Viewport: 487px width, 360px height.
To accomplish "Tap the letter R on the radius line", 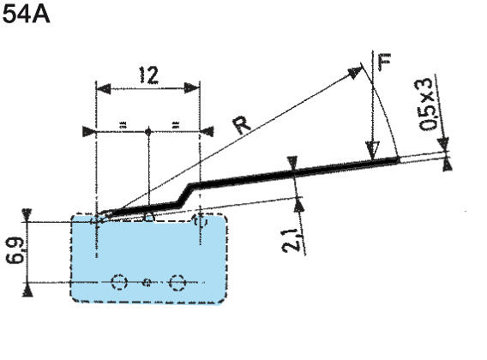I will pyautogui.click(x=243, y=126).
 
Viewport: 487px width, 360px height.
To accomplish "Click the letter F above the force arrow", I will pyautogui.click(x=384, y=63).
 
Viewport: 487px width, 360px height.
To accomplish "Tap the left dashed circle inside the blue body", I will pyautogui.click(x=119, y=282).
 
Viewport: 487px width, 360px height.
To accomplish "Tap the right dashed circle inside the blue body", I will pyautogui.click(x=177, y=282).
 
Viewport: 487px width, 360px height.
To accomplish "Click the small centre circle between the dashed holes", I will pyautogui.click(x=147, y=282).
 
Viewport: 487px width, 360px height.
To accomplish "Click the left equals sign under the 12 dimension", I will pyautogui.click(x=123, y=125).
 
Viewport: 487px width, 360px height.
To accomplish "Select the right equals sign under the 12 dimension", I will pyautogui.click(x=174, y=125).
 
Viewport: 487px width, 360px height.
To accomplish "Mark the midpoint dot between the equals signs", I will pyautogui.click(x=148, y=131).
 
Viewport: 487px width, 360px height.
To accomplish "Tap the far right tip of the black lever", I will pyautogui.click(x=398, y=158).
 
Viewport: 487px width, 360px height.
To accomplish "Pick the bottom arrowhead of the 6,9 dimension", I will pyautogui.click(x=29, y=289).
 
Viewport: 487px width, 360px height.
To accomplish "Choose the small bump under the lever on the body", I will pyautogui.click(x=149, y=217).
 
